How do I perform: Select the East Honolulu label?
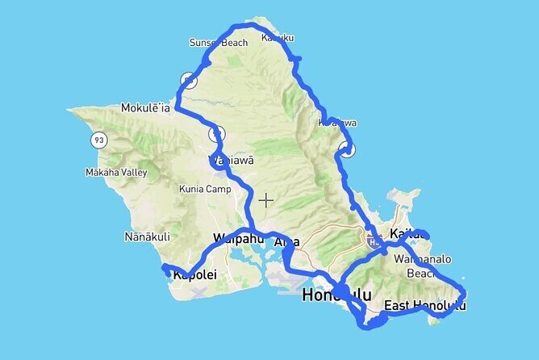coord(424,305)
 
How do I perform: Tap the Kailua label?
coord(406,235)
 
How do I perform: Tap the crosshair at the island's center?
coord(266,199)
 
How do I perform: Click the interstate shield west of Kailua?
coord(373,240)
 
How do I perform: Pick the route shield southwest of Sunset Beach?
coord(189,80)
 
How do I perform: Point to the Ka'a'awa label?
coord(336,123)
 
